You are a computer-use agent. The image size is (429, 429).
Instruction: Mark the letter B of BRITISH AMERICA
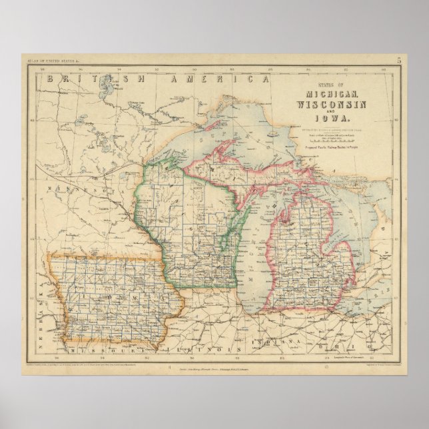pyautogui.click(x=50, y=78)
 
